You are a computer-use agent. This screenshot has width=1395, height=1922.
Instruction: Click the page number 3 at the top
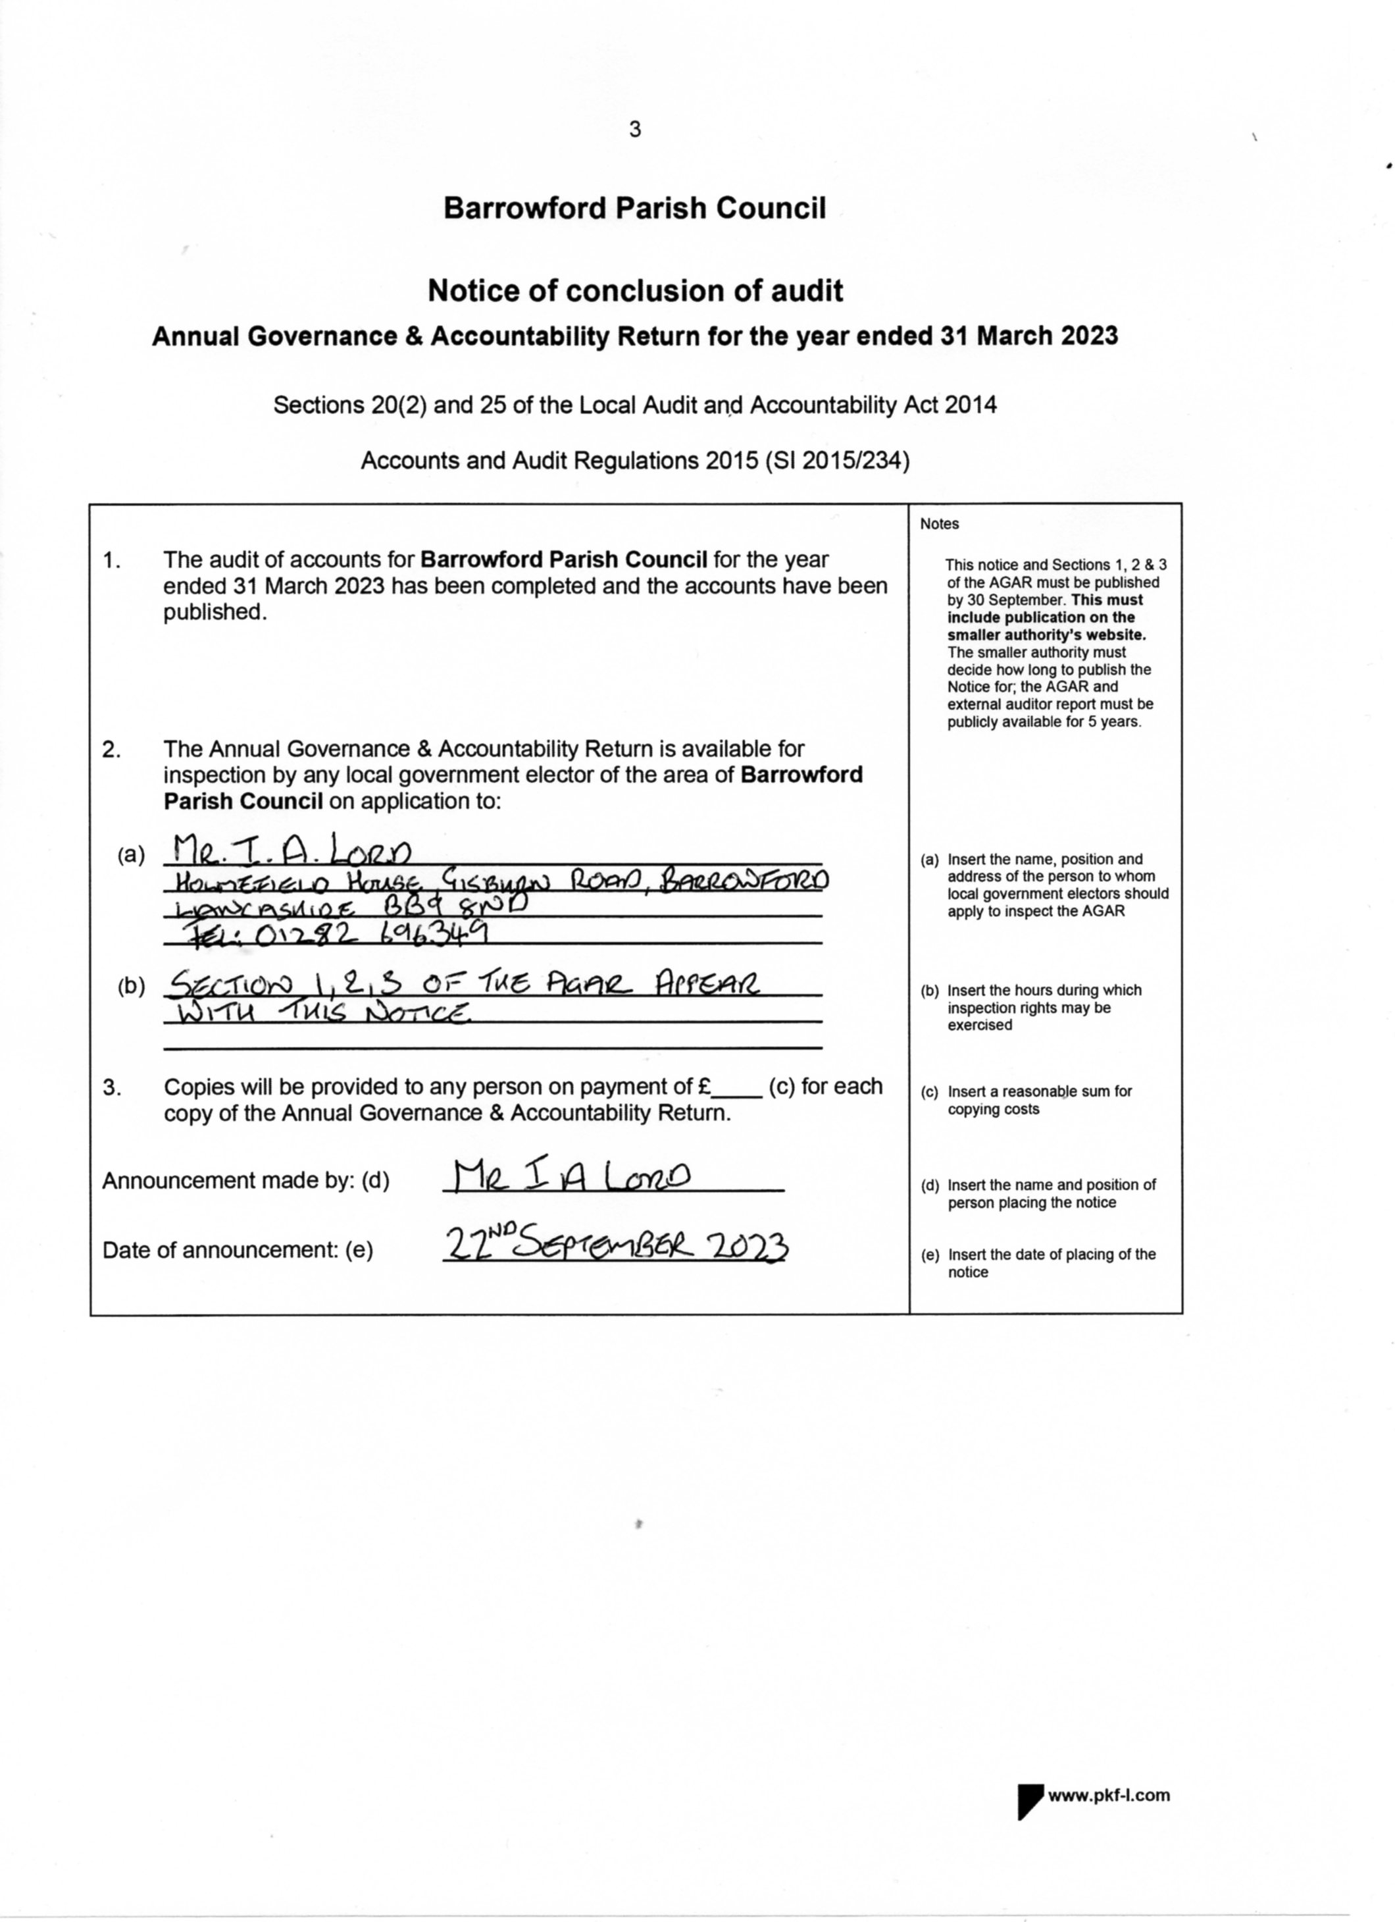(x=635, y=130)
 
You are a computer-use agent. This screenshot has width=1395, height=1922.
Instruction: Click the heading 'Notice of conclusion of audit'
(x=634, y=292)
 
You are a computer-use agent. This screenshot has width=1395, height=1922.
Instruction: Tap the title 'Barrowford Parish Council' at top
(x=634, y=209)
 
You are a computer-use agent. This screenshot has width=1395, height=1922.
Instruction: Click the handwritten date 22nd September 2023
(x=617, y=1247)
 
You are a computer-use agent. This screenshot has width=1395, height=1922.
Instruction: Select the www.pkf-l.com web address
(x=1109, y=1796)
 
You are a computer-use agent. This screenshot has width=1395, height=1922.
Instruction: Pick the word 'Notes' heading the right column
(x=939, y=525)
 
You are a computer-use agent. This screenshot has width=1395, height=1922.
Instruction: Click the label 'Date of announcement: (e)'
(x=238, y=1251)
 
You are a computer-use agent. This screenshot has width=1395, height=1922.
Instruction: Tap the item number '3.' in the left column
(x=112, y=1088)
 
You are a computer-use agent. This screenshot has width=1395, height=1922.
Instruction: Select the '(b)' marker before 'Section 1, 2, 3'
(x=132, y=987)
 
